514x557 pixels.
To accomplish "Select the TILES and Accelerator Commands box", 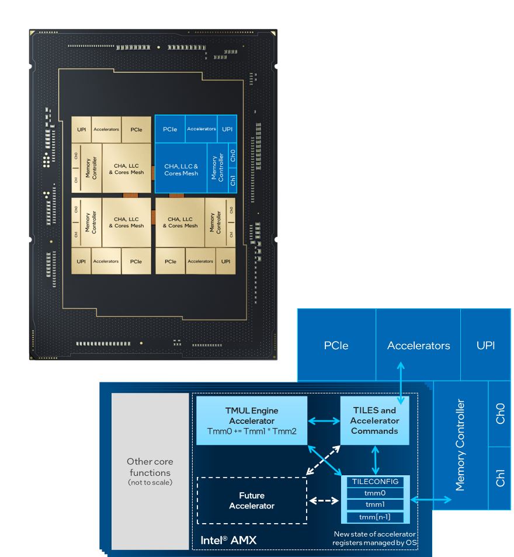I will pyautogui.click(x=374, y=420).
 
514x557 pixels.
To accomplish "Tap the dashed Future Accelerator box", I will pyautogui.click(x=252, y=500).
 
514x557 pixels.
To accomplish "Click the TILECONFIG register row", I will pyautogui.click(x=376, y=482).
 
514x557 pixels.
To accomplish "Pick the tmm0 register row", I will pyautogui.click(x=376, y=493).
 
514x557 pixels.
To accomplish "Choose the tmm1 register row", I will pyautogui.click(x=376, y=504).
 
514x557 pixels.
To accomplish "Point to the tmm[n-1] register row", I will pyautogui.click(x=376, y=517).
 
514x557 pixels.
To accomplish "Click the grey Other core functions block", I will pyautogui.click(x=150, y=471).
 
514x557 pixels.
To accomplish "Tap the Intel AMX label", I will pyautogui.click(x=228, y=540).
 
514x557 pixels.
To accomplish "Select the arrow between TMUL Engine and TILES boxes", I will pyautogui.click(x=324, y=420).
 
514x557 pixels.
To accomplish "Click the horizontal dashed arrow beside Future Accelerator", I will pyautogui.click(x=324, y=500).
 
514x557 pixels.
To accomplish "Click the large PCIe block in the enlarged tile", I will pyautogui.click(x=336, y=346).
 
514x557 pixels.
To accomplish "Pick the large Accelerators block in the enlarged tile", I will pyautogui.click(x=418, y=346).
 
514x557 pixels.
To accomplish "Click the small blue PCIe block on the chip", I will pyautogui.click(x=170, y=129).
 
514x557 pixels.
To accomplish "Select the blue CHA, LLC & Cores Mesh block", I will pyautogui.click(x=181, y=169).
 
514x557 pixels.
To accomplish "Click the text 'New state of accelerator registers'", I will pyautogui.click(x=374, y=538).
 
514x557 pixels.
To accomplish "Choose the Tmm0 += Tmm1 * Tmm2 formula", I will pyautogui.click(x=251, y=431).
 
